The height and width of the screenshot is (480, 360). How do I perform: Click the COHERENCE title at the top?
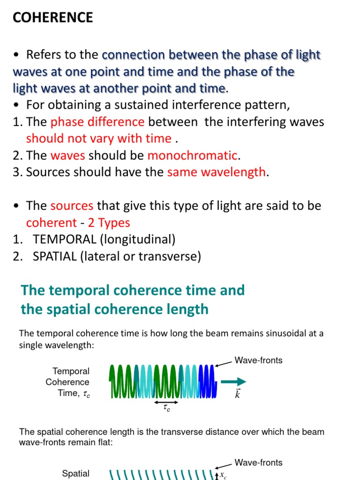click(52, 17)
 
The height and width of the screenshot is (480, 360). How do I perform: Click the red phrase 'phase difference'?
click(97, 122)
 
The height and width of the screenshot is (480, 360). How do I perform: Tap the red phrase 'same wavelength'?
click(216, 172)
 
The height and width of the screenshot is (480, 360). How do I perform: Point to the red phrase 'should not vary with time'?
click(98, 138)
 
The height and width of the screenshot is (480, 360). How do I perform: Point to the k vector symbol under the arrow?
click(237, 394)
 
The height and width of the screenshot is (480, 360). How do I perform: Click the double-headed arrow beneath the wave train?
click(166, 402)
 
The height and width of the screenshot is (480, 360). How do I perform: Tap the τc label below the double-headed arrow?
click(166, 410)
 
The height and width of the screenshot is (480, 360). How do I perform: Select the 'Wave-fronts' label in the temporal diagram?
click(258, 360)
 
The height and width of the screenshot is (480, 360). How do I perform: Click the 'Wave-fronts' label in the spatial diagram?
click(258, 463)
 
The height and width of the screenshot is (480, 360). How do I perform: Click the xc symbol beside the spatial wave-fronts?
click(224, 475)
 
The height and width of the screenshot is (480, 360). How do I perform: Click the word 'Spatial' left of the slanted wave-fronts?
click(75, 474)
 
